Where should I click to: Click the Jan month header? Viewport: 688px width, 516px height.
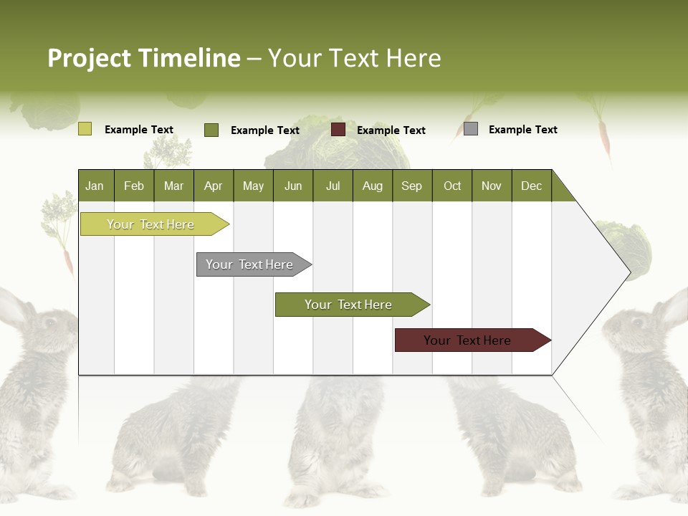pyautogui.click(x=95, y=186)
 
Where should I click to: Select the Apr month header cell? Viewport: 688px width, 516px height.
pyautogui.click(x=213, y=186)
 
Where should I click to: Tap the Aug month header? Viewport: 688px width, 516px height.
pyautogui.click(x=372, y=186)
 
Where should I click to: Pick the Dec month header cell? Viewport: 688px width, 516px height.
pyautogui.click(x=531, y=186)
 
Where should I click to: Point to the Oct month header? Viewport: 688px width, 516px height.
pyautogui.click(x=451, y=186)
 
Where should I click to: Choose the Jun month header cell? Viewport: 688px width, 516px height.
pyautogui.click(x=292, y=186)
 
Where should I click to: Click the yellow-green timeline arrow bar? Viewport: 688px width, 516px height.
pyautogui.click(x=150, y=224)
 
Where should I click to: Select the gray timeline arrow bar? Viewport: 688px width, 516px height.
pyautogui.click(x=249, y=264)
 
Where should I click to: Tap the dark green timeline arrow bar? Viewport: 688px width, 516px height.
pyautogui.click(x=348, y=305)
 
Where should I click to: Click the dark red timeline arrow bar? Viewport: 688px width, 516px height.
pyautogui.click(x=467, y=340)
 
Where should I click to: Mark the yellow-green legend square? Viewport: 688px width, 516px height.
pyautogui.click(x=85, y=129)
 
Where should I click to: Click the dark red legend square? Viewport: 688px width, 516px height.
pyautogui.click(x=338, y=130)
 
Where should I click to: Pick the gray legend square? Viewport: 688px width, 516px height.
pyautogui.click(x=471, y=129)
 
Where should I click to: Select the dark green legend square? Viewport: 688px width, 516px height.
pyautogui.click(x=211, y=130)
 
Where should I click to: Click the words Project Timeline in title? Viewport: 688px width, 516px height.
pyautogui.click(x=143, y=58)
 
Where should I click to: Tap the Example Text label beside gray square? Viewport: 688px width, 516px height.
pyautogui.click(x=522, y=129)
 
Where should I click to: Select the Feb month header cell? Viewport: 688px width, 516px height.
pyautogui.click(x=134, y=186)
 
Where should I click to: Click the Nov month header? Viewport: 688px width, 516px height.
pyautogui.click(x=491, y=186)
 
